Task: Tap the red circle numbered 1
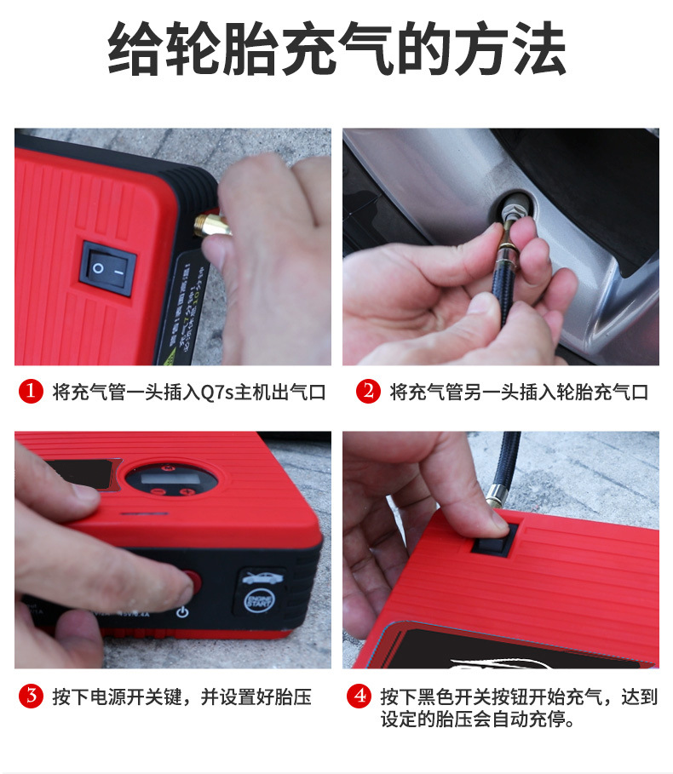pyautogui.click(x=32, y=392)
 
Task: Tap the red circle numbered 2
pyautogui.click(x=367, y=392)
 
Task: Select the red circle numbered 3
pyautogui.click(x=32, y=697)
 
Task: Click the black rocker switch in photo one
pyautogui.click(x=108, y=267)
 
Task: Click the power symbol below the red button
pyautogui.click(x=181, y=611)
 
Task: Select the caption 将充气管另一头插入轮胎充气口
pyautogui.click(x=519, y=392)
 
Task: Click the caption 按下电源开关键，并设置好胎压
pyautogui.click(x=180, y=697)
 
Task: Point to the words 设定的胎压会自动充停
pyautogui.click(x=477, y=720)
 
